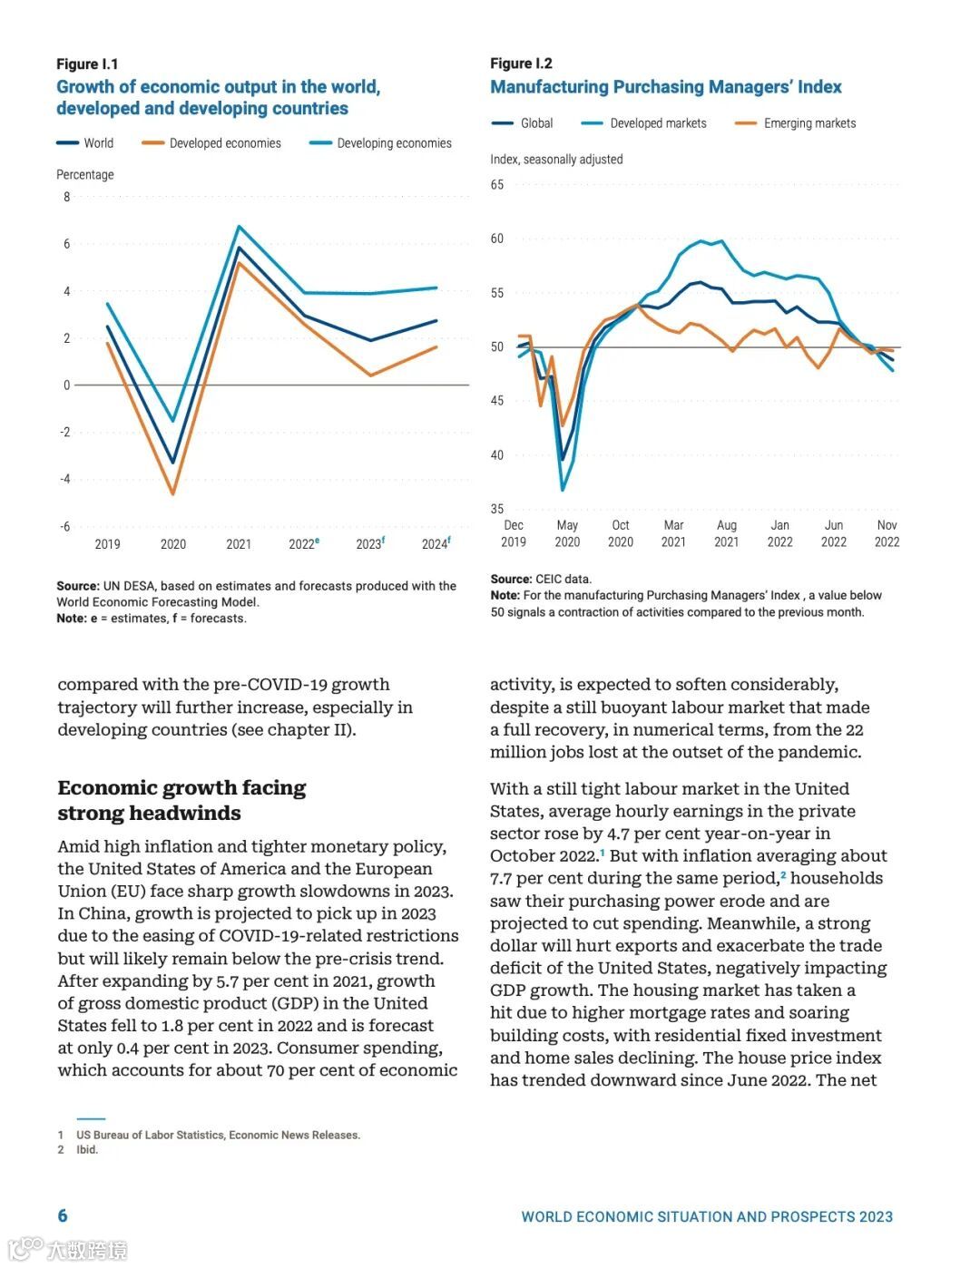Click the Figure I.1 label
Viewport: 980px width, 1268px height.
point(87,63)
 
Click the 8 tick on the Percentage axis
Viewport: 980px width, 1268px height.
point(66,197)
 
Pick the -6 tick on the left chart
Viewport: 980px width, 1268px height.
point(64,526)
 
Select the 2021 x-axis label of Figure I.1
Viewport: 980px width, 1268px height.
point(239,544)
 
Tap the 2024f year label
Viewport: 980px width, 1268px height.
point(436,544)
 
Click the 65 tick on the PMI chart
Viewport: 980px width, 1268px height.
point(497,185)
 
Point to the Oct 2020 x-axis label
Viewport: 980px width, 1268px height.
point(621,533)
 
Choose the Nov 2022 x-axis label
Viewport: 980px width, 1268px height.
point(887,533)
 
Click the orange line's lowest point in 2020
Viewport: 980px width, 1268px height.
point(172,493)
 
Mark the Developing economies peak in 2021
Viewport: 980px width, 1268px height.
point(239,227)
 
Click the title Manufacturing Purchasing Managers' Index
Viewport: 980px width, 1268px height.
point(665,87)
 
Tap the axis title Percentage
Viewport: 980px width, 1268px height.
point(85,174)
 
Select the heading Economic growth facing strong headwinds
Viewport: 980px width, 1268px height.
point(181,800)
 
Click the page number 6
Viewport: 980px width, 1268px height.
point(63,1215)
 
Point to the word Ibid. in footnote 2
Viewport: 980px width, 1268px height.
point(87,1149)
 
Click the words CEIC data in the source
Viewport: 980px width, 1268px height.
point(563,579)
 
